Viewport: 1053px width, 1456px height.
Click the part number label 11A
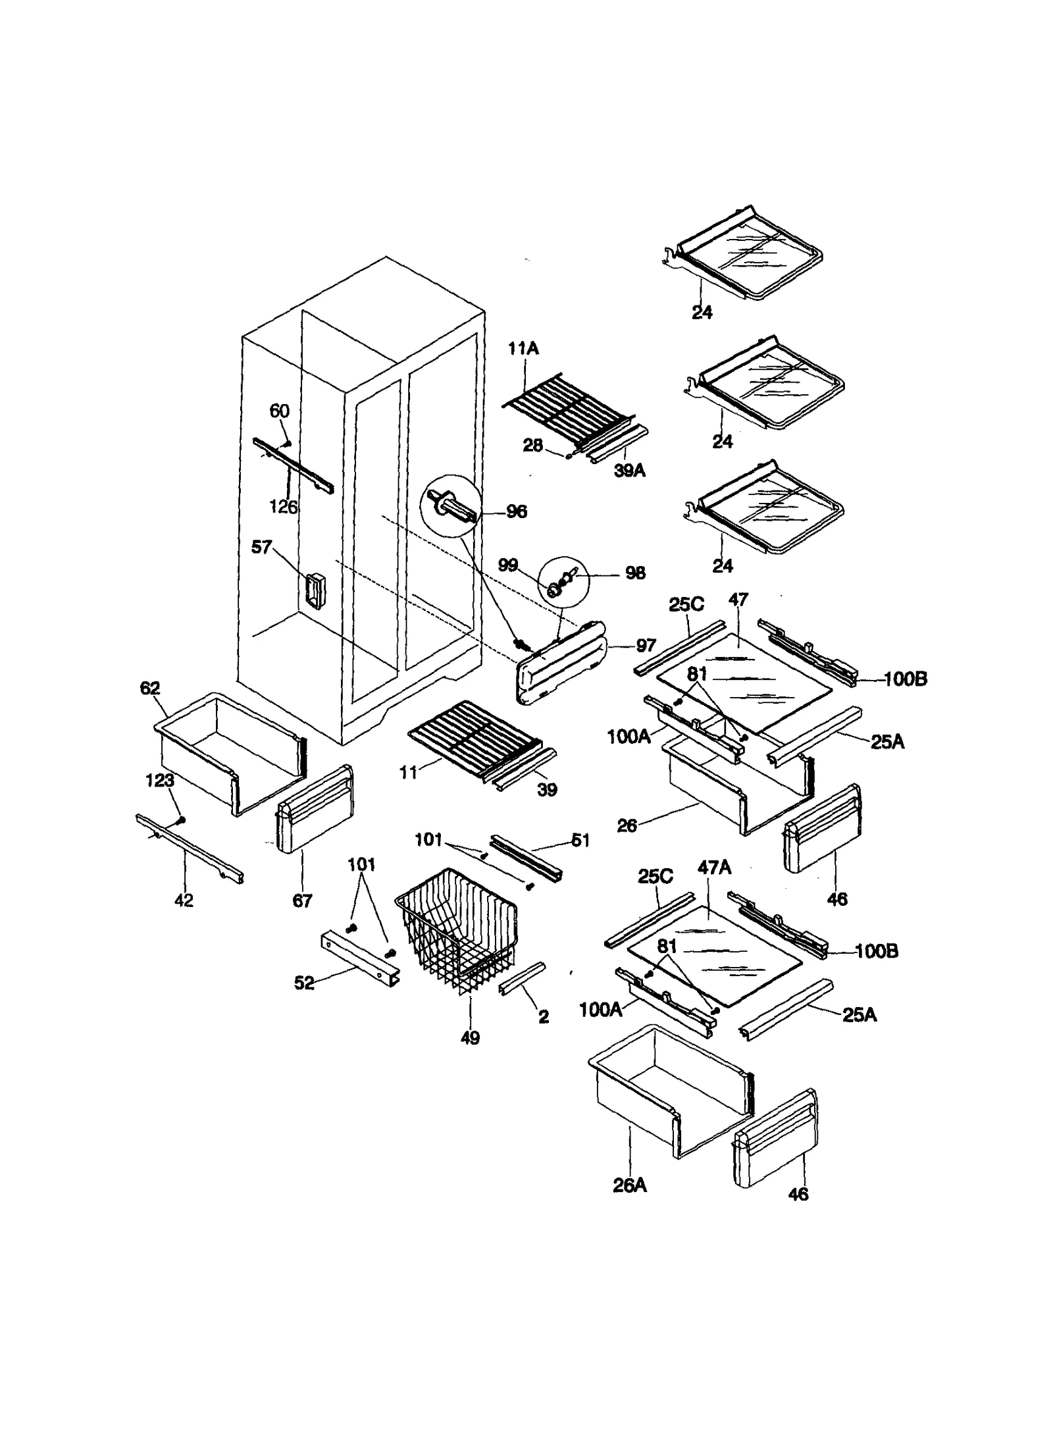523,349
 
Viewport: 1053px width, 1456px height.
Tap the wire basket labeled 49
457,928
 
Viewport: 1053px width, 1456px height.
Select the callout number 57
261,547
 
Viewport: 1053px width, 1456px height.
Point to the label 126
283,507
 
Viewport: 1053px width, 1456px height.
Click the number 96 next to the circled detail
516,511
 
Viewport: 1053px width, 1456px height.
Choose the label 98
634,573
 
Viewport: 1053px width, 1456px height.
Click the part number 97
646,646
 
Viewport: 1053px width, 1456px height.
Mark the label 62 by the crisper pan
150,689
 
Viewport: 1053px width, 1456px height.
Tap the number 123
159,781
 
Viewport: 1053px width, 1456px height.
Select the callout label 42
184,900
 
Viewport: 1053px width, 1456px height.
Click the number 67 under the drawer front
302,900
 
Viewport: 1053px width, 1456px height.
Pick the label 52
304,983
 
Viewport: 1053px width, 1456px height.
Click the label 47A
714,868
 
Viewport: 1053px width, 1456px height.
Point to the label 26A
630,1185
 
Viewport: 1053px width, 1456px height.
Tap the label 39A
629,471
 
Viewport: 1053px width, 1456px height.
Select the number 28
532,446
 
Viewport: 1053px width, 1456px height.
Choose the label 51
580,841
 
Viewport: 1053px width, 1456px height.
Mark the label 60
280,411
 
